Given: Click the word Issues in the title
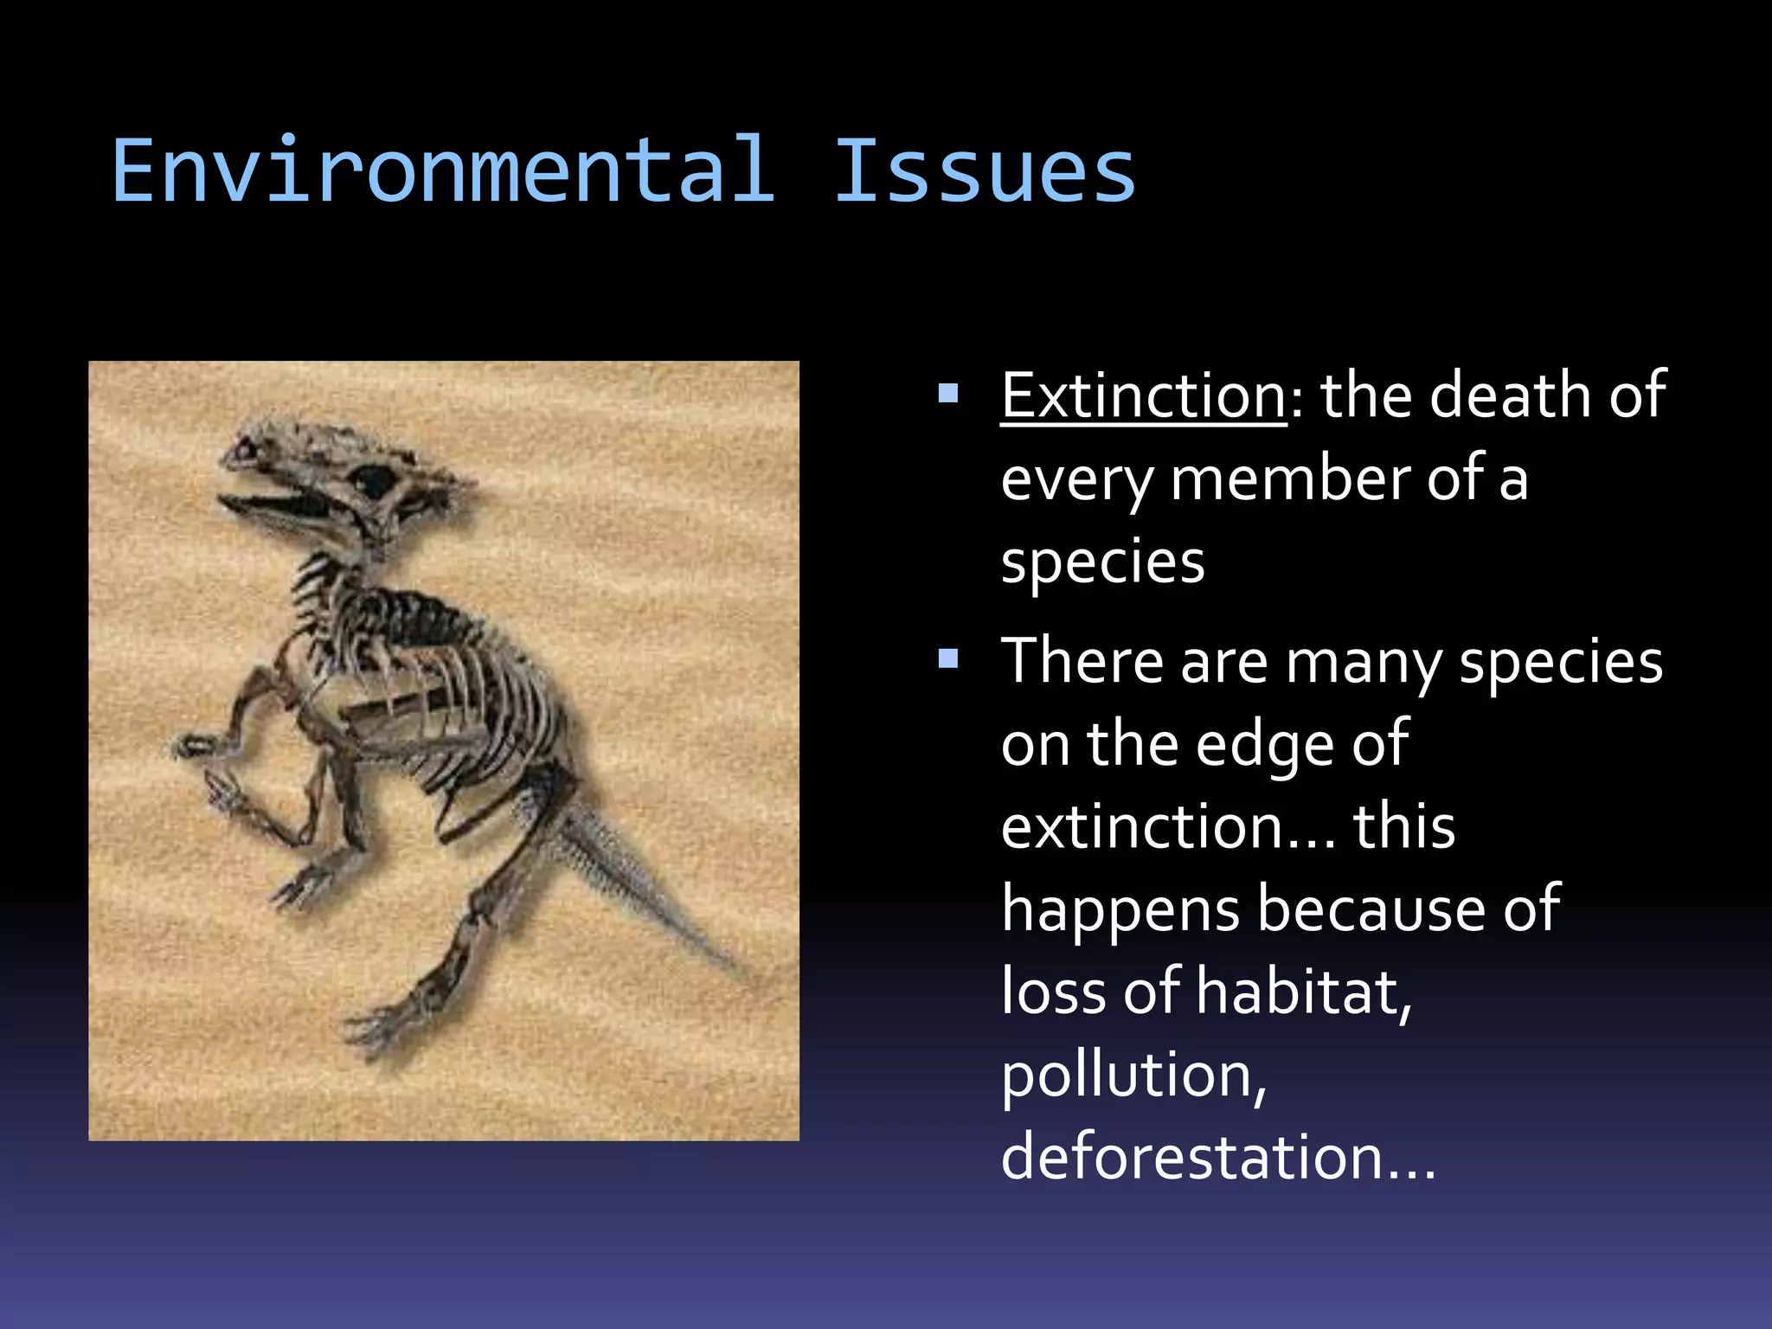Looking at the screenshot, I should click(985, 171).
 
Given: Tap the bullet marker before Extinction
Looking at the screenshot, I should click(948, 395).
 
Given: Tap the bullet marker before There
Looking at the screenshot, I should click(948, 660).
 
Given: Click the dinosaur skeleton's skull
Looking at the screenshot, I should click(346, 476).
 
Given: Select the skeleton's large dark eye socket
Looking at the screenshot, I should click(376, 478).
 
